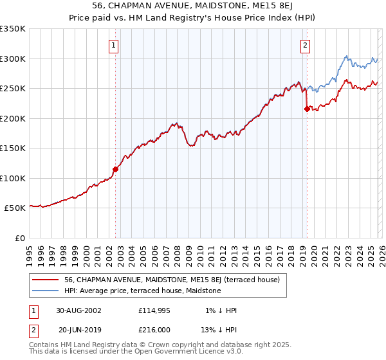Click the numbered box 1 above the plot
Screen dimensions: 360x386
[113, 45]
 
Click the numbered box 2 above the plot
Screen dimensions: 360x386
[304, 45]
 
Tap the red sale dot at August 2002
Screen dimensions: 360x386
[116, 170]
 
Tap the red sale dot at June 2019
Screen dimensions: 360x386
[307, 109]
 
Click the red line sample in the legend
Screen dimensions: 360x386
[46, 280]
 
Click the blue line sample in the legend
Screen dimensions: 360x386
[46, 291]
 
